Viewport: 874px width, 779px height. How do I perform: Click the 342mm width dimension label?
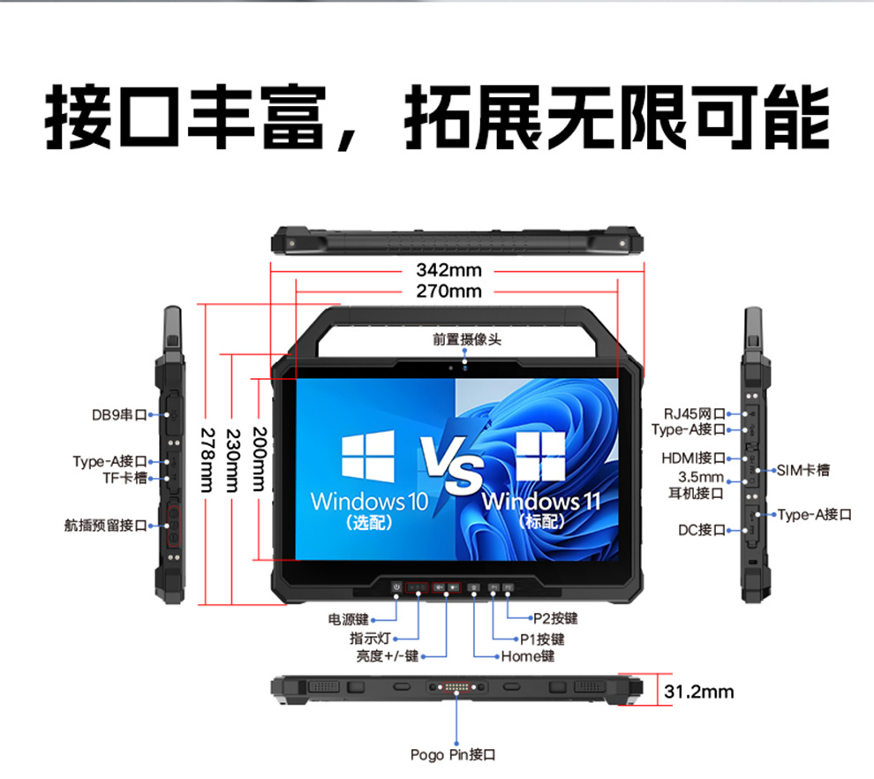(x=448, y=270)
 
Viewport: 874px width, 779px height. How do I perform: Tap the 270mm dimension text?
(x=448, y=291)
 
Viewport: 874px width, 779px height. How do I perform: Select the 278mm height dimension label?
(x=207, y=460)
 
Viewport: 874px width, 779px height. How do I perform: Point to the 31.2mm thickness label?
(x=699, y=692)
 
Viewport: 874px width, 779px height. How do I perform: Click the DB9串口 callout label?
(x=119, y=415)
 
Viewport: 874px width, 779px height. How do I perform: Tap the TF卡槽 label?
(x=124, y=478)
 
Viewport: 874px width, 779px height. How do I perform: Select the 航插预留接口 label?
(x=106, y=526)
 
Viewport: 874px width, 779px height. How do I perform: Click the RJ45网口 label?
(x=695, y=413)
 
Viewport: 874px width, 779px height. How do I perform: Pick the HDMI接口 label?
(x=693, y=458)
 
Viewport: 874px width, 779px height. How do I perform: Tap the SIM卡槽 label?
(x=803, y=471)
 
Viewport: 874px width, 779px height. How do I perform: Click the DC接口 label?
(x=702, y=530)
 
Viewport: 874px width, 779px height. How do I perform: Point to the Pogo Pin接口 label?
(x=453, y=755)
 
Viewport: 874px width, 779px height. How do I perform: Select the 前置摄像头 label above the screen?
(x=467, y=339)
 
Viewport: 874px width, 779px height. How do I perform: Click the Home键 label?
(x=528, y=656)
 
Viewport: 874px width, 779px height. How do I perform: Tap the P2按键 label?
(x=555, y=618)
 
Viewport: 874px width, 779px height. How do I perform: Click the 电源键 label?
(x=349, y=619)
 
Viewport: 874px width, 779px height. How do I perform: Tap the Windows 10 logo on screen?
(x=368, y=457)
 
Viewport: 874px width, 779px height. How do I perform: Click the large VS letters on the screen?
(x=451, y=465)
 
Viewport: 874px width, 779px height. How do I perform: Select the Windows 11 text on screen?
(x=541, y=502)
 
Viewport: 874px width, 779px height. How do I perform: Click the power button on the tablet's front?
(x=397, y=586)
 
